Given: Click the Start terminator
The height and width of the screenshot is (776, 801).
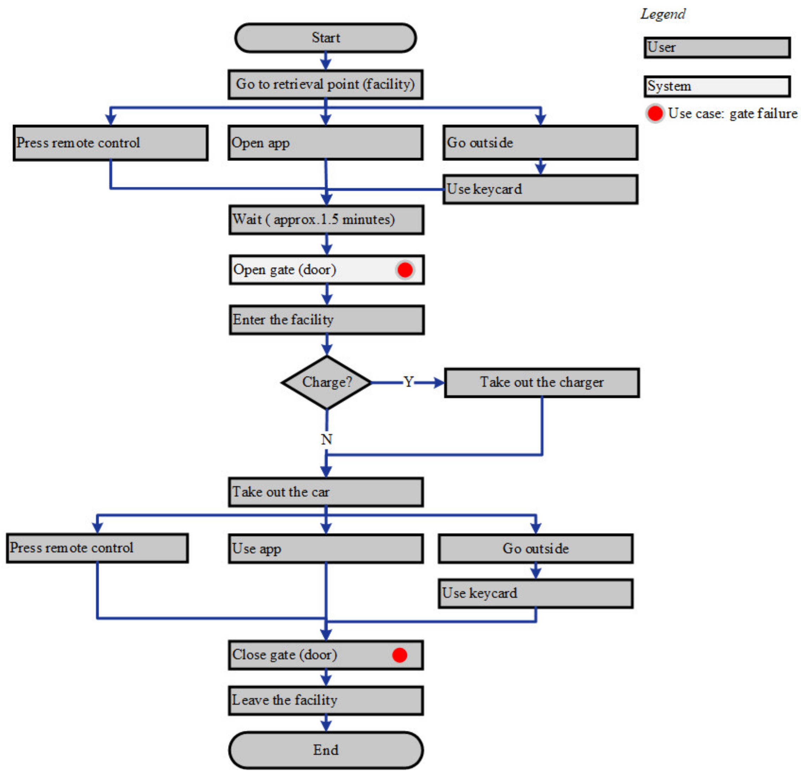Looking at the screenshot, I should click(x=325, y=38).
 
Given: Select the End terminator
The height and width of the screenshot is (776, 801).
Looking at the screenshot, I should click(x=326, y=749).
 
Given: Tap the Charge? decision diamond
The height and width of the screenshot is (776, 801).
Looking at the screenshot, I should click(x=326, y=382).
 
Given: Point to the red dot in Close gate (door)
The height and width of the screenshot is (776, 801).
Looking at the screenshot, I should click(x=399, y=655).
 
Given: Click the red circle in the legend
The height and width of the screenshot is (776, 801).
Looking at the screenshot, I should click(x=655, y=113).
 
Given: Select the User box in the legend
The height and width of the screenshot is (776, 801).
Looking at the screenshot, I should click(x=717, y=48).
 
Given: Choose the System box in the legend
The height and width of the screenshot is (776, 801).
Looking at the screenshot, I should click(x=717, y=86).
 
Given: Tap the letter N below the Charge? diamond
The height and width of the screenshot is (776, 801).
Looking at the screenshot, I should click(x=326, y=439).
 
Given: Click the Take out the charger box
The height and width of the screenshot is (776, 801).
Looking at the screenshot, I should click(x=541, y=382).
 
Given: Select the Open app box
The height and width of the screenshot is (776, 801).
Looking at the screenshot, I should click(x=325, y=143).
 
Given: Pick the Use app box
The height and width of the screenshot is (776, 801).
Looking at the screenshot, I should click(x=326, y=548).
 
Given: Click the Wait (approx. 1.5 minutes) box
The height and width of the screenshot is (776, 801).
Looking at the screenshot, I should click(x=326, y=219).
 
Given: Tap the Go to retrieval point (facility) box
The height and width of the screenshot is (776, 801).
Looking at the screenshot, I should click(x=325, y=84).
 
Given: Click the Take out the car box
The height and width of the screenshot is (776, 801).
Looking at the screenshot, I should click(x=326, y=492).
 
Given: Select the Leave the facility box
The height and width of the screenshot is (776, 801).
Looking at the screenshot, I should click(x=326, y=700).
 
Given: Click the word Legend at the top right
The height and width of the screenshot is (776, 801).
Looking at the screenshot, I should click(x=663, y=14).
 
